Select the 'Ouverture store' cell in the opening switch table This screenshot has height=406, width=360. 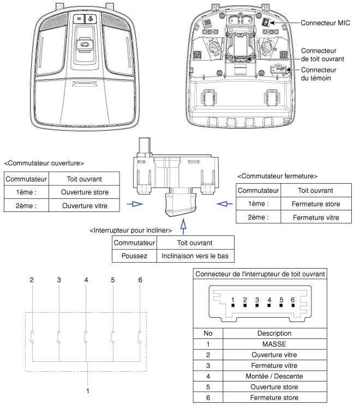pos(85,192)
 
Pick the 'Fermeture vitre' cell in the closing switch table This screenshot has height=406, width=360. pos(316,217)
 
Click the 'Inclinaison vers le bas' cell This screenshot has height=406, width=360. pos(195,256)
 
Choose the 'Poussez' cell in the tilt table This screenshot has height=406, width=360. pos(134,256)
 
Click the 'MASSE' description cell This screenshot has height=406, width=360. pos(274,344)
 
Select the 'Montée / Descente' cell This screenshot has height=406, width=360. pos(274,376)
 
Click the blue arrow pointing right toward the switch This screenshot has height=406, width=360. pos(134,204)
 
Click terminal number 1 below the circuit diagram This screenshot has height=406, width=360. pos(86,390)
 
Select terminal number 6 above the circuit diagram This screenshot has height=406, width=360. pos(140,280)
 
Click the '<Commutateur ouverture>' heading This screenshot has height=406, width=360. pos(44,163)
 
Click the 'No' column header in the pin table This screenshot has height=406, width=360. pos(208,333)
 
